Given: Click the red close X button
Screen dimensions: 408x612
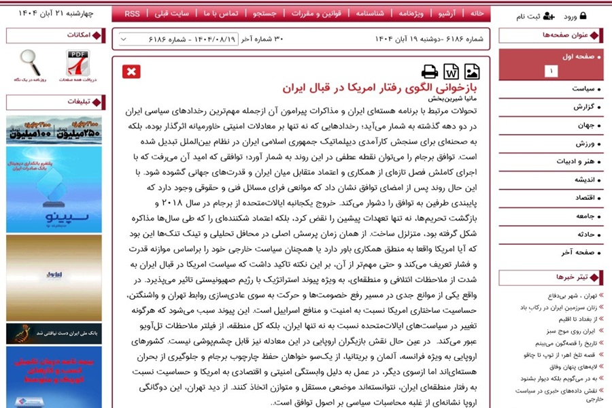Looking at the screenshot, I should (x=131, y=71).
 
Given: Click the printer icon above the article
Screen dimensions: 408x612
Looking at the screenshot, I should (x=430, y=71).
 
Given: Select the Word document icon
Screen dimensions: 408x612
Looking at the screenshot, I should (x=451, y=71).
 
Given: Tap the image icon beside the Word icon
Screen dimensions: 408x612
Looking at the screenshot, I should (x=472, y=71).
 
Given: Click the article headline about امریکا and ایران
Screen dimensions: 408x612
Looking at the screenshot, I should (x=381, y=88).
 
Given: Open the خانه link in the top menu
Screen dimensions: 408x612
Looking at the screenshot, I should (x=477, y=14).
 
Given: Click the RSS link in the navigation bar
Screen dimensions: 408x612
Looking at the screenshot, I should (x=132, y=14).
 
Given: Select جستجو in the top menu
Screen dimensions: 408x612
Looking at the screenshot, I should (x=265, y=14).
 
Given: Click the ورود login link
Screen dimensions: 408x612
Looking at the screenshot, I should (x=575, y=16).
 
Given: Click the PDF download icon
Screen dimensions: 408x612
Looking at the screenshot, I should (x=78, y=63).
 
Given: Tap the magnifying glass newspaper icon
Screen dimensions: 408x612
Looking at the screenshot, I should (x=30, y=63).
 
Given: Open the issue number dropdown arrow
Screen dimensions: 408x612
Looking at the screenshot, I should (x=123, y=39).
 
